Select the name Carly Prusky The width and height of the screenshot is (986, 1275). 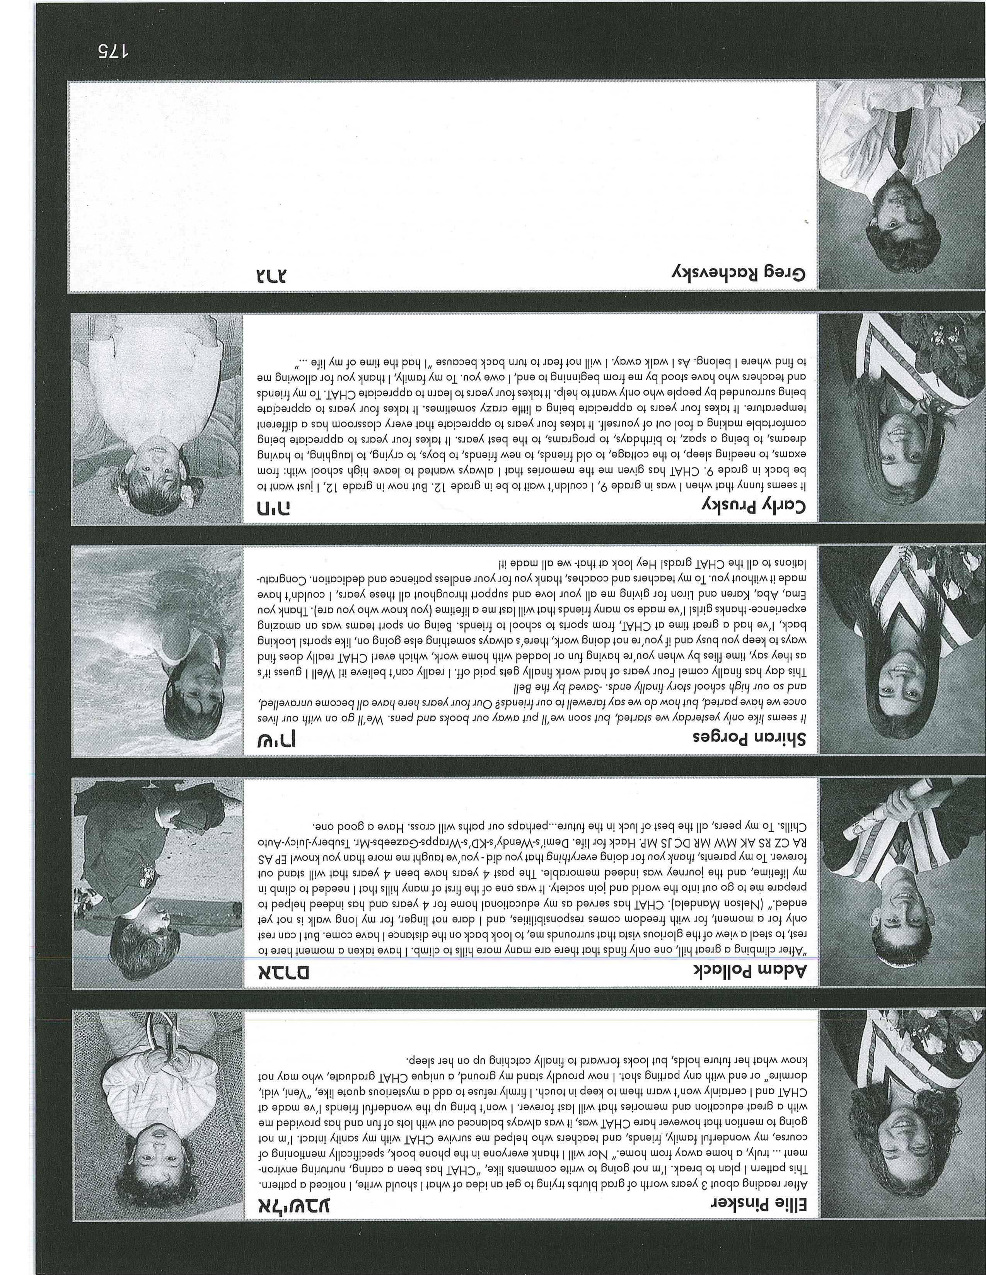coord(754,506)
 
